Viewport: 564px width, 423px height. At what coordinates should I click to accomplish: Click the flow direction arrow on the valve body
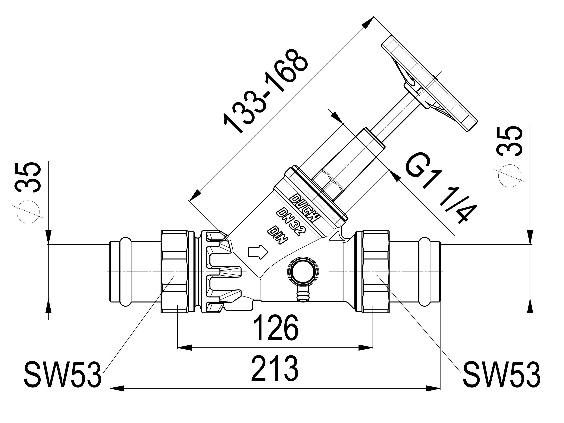tap(258, 252)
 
